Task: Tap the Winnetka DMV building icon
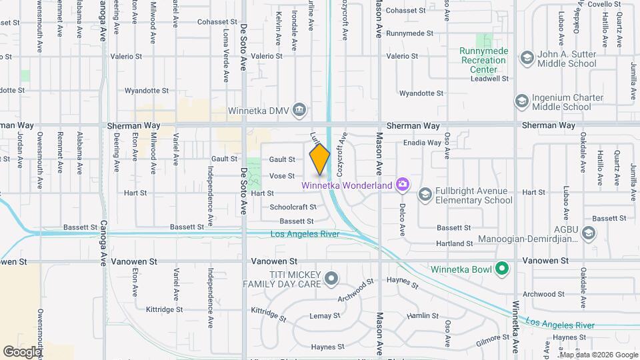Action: pyautogui.click(x=299, y=109)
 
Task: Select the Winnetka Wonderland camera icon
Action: pyautogui.click(x=402, y=183)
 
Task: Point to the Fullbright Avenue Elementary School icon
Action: pyautogui.click(x=424, y=194)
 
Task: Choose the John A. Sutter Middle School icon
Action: pyautogui.click(x=527, y=58)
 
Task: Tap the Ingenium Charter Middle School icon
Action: pyautogui.click(x=521, y=101)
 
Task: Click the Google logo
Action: pyautogui.click(x=23, y=351)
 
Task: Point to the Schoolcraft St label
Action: pyautogui.click(x=292, y=207)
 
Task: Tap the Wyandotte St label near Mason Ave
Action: pyautogui.click(x=421, y=93)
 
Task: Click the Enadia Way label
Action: pyautogui.click(x=423, y=143)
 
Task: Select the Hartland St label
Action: pyautogui.click(x=453, y=245)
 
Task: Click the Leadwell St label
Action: pyautogui.click(x=489, y=79)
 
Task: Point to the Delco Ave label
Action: pyautogui.click(x=403, y=219)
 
